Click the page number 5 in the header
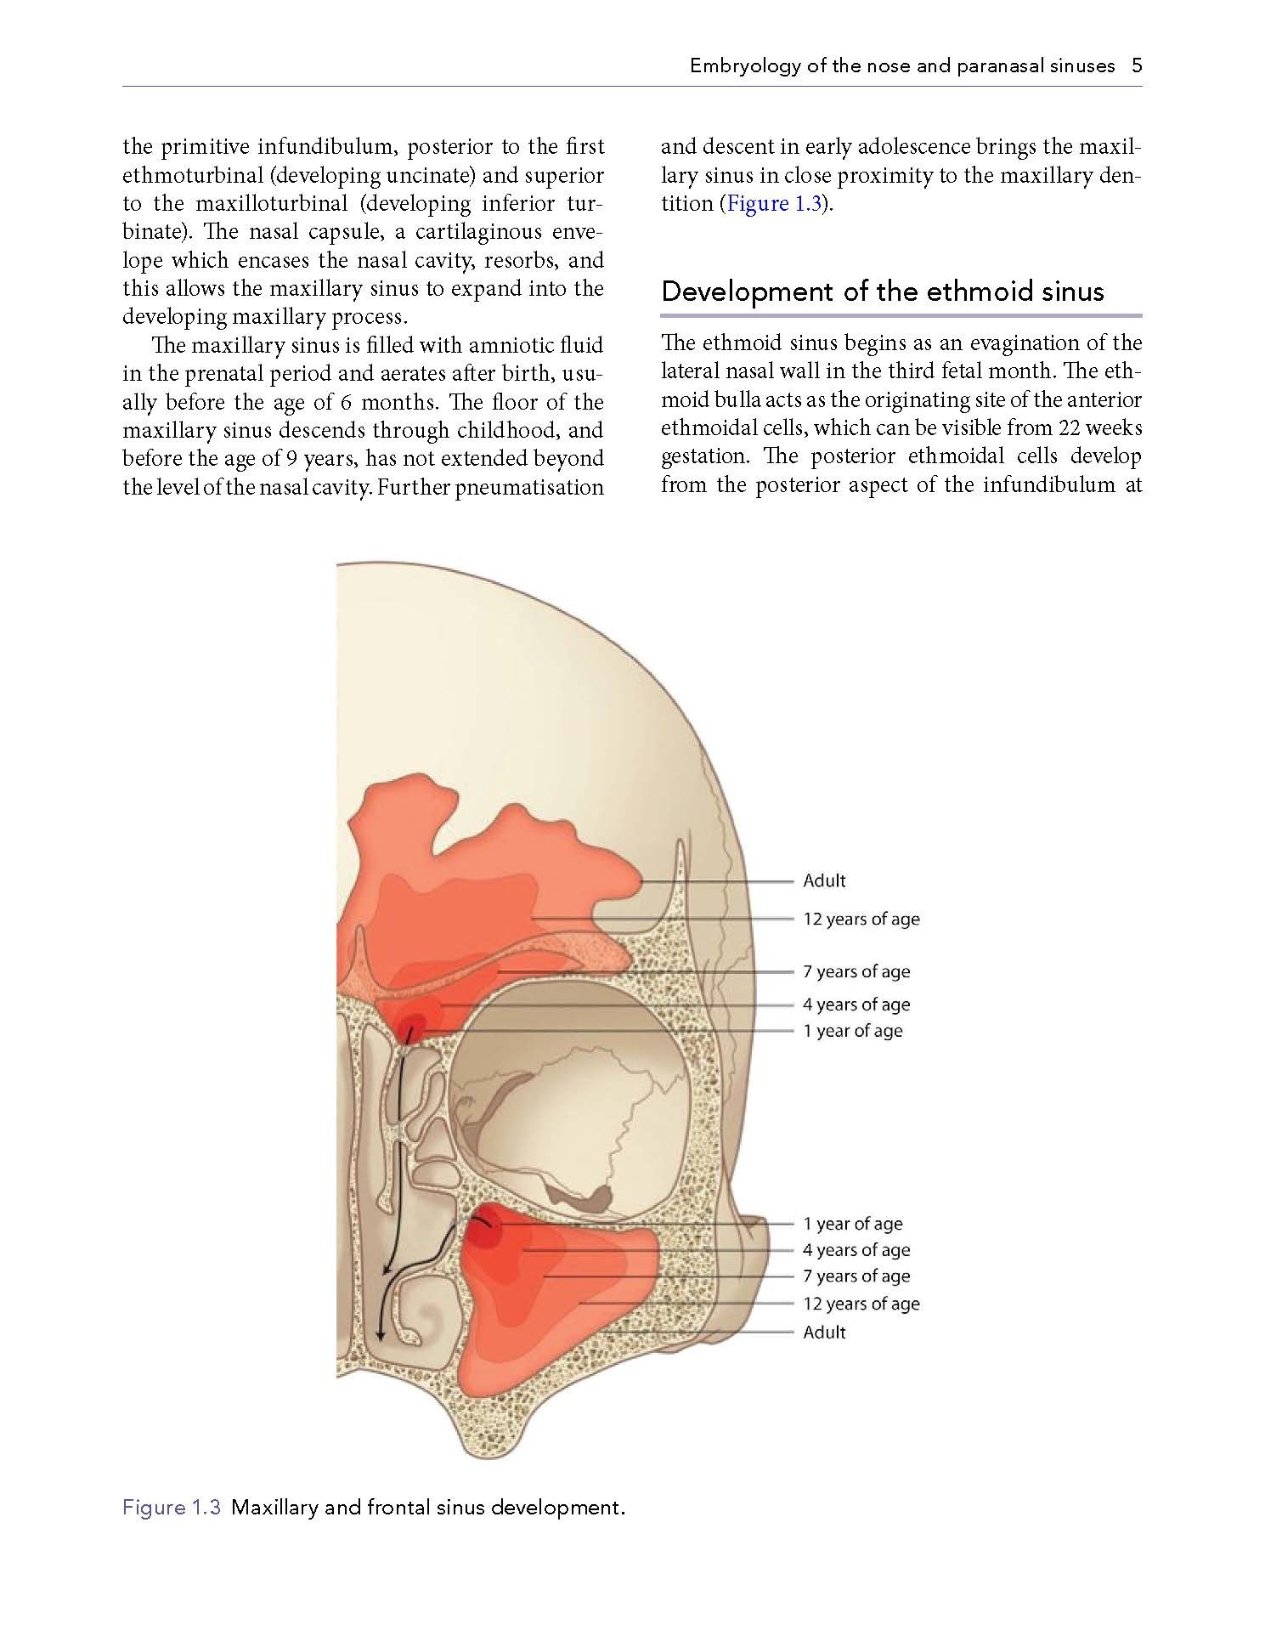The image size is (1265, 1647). click(1136, 65)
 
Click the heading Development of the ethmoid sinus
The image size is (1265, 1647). click(882, 291)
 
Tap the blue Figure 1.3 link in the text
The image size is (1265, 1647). click(772, 204)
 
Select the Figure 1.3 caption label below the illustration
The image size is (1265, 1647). click(172, 1508)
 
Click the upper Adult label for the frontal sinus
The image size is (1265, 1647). click(824, 880)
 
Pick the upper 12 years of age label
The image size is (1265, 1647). click(861, 919)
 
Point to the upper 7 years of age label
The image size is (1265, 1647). click(856, 971)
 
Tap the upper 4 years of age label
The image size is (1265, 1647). click(856, 1005)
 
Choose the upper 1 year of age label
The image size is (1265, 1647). click(852, 1031)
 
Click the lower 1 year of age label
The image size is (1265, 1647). click(852, 1224)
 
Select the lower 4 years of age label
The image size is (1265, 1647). click(856, 1250)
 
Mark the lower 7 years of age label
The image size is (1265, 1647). click(856, 1276)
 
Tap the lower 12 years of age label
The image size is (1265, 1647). click(861, 1304)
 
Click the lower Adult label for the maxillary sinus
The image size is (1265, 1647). click(824, 1332)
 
